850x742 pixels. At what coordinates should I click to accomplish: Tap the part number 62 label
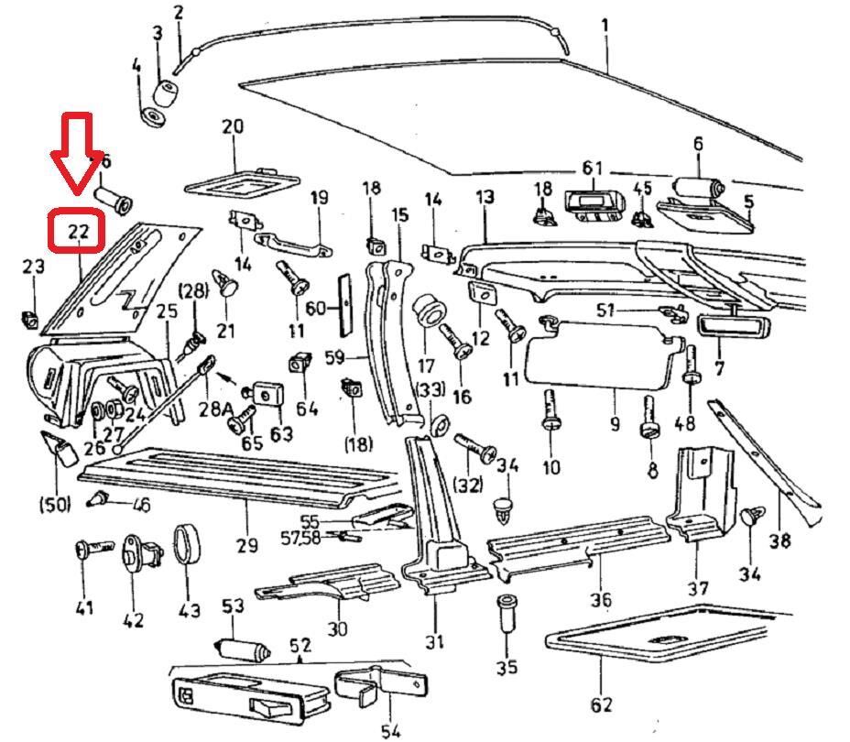point(600,704)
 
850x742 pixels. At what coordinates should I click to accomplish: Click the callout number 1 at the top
point(605,26)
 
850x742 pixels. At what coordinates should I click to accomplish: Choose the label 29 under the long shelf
point(245,546)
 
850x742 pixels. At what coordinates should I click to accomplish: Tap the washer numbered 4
point(152,118)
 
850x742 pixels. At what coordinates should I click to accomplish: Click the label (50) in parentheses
point(55,503)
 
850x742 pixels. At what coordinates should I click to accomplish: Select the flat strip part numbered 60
point(346,305)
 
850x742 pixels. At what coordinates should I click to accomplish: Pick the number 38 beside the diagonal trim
point(779,540)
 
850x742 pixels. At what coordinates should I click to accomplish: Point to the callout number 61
point(592,168)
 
